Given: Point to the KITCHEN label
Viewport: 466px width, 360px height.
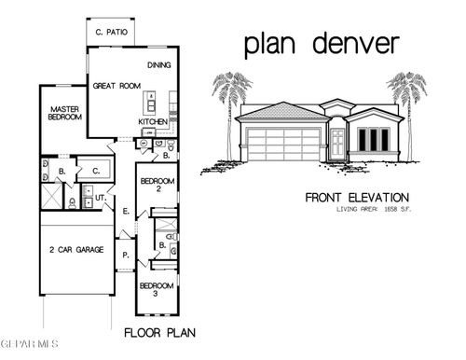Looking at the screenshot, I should (x=153, y=121).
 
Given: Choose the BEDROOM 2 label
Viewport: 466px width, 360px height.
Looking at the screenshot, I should (x=155, y=184).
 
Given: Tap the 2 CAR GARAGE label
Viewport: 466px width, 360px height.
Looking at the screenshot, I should (x=76, y=252).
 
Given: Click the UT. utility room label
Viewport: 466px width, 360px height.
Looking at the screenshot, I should (x=101, y=199).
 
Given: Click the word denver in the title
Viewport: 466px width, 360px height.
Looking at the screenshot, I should (x=357, y=43).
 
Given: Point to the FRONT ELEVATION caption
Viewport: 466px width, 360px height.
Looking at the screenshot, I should (x=357, y=198).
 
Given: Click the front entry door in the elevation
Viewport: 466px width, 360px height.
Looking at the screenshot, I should (x=337, y=143).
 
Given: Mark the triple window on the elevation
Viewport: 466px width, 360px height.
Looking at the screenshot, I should (x=373, y=140).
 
